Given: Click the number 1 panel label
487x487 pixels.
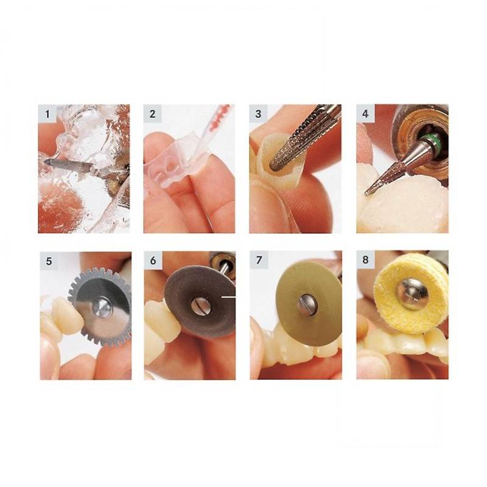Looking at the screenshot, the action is (47, 114).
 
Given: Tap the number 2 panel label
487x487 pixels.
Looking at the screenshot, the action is (152, 114).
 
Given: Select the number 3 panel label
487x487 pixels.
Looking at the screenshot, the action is (258, 114).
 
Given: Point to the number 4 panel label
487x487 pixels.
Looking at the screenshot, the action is (365, 114).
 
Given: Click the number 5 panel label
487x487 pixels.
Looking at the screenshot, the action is (49, 261).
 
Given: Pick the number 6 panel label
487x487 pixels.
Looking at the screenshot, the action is (153, 261).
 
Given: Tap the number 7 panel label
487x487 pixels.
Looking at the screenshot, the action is (259, 260).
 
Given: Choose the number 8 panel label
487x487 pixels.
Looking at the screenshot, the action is (365, 259).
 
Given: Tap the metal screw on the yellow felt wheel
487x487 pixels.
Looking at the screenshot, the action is (412, 294).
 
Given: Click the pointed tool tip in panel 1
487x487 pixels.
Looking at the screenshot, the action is (45, 161).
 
